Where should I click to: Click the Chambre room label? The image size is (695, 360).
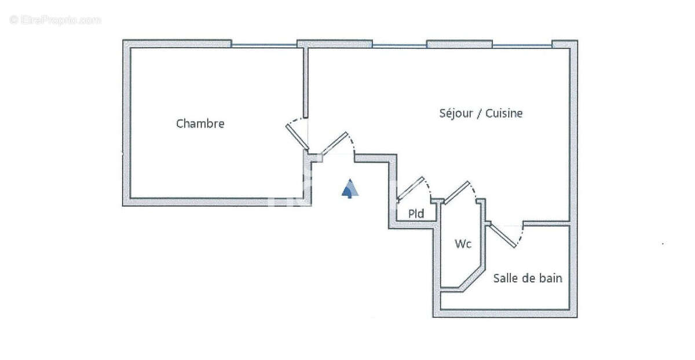pos(200,123)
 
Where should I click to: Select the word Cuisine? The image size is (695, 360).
pos(504,113)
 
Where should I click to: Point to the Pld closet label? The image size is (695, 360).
pos(416,214)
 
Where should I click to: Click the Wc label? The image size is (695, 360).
pos(462,244)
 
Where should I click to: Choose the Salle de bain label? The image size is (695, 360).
pos(527,278)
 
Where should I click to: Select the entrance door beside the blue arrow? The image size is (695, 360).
pos(335,144)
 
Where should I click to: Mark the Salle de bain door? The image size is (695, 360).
pos(503,235)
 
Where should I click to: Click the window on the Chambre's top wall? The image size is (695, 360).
pos(264,45)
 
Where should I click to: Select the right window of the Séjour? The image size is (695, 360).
pos(522,45)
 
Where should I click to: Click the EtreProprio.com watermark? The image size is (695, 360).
pos(56,20)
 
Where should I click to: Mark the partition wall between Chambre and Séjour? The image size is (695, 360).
pos(305,81)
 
